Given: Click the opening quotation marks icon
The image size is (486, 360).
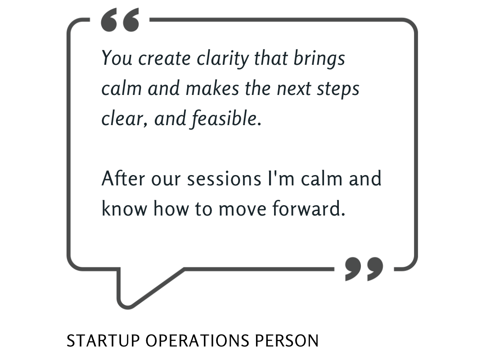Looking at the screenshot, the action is pos(120,20).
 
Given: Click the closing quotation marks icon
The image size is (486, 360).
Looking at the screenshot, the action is pos(364,269).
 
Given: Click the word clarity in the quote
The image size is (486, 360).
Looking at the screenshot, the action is pos(223,58).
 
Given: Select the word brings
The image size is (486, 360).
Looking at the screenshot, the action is pos(319,58).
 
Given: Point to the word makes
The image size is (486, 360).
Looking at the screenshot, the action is pos(212,88).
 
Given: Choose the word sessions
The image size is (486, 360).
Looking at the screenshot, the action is pos(224,179).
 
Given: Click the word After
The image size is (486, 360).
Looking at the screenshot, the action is pos(123,179).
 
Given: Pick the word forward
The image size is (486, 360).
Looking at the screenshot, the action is pos(309,208).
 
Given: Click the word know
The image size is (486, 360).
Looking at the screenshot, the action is pos(124,208).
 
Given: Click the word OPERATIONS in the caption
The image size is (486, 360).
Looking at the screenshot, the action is pos(198,341).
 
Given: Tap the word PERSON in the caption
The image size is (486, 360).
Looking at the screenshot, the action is pos(287,341).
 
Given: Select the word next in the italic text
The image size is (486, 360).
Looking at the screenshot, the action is pos(294,89).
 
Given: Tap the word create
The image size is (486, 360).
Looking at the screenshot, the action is pos(164,58).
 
